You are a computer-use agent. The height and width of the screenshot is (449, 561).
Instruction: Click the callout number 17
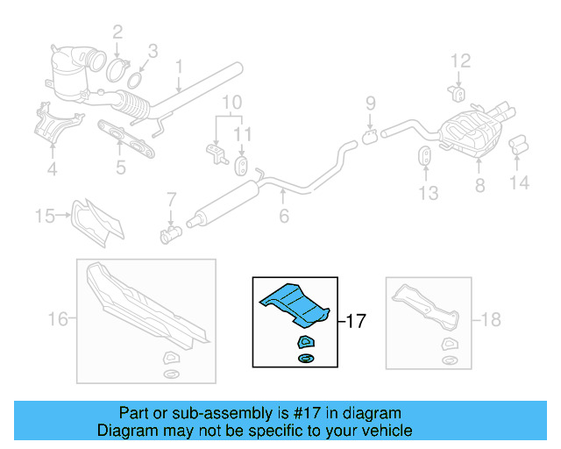[355, 321]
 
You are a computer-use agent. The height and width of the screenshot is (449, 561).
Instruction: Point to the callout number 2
[117, 33]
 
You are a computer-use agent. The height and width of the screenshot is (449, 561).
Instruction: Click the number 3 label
[152, 51]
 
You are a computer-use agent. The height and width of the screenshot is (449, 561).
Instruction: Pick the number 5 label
[121, 167]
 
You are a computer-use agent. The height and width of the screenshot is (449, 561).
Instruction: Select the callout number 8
[479, 185]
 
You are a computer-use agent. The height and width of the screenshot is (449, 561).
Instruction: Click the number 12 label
[461, 61]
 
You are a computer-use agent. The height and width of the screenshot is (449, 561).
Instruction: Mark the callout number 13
[427, 193]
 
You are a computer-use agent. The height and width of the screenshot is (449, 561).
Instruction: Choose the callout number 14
[520, 183]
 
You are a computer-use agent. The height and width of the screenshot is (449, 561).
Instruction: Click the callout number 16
[57, 320]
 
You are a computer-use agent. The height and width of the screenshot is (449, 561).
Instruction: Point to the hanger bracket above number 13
[423, 157]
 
